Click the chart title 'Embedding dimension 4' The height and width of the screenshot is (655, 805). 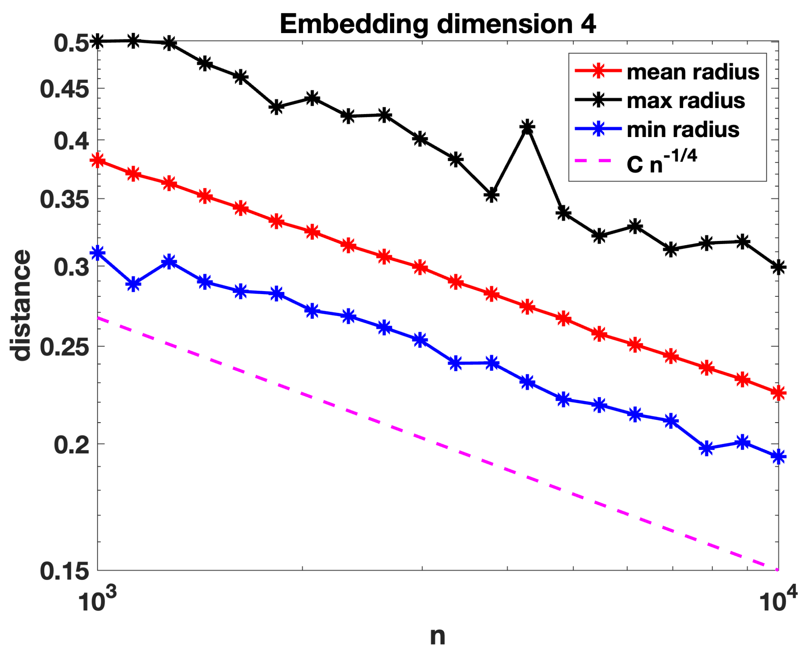pyautogui.click(x=437, y=24)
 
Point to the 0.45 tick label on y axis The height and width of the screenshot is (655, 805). pyautogui.click(x=64, y=89)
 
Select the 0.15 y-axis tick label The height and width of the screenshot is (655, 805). pyautogui.click(x=64, y=571)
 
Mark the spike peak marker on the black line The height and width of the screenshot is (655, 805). pyautogui.click(x=527, y=127)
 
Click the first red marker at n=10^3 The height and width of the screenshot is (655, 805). pyautogui.click(x=98, y=161)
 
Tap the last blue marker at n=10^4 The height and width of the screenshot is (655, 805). pyautogui.click(x=778, y=457)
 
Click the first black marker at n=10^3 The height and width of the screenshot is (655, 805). pyautogui.click(x=98, y=41)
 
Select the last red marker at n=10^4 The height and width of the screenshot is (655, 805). pyautogui.click(x=778, y=393)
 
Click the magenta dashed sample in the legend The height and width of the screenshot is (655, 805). pyautogui.click(x=598, y=161)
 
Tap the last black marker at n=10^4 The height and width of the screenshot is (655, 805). pyautogui.click(x=778, y=267)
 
